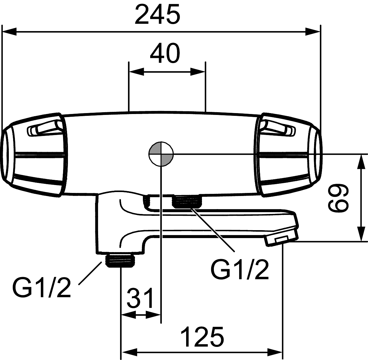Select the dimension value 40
[165, 53]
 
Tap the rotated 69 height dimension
[338, 198]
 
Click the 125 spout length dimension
[202, 336]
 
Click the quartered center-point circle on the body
[161, 154]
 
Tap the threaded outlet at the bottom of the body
[121, 261]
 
